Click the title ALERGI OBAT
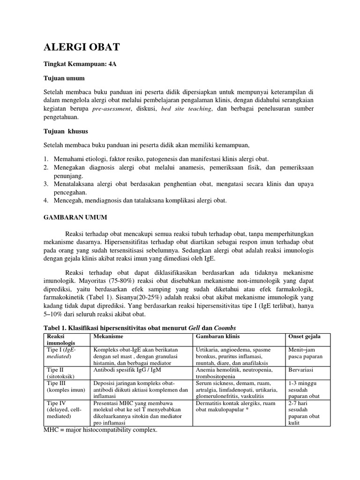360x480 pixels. [82, 47]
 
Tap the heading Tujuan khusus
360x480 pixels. [66, 131]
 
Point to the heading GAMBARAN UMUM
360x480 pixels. [75, 217]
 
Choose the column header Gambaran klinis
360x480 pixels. [217, 337]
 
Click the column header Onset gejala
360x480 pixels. [304, 337]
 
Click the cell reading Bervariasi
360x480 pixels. [302, 370]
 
